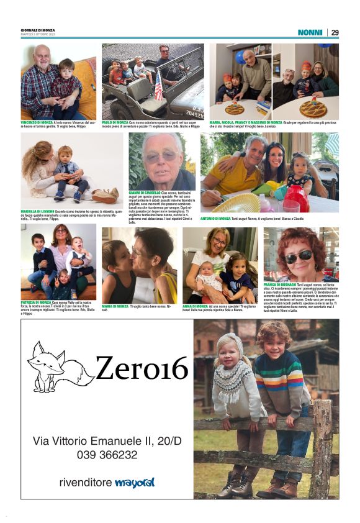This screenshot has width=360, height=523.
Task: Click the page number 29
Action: [x=335, y=32]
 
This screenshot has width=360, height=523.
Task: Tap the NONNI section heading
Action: [x=310, y=32]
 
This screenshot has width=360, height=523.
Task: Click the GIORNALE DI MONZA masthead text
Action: [x=38, y=30]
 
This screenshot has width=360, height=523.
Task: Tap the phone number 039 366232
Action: [x=107, y=455]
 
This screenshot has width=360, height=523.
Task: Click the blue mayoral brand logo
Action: [x=134, y=482]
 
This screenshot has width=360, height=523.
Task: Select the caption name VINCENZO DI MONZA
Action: [x=37, y=123]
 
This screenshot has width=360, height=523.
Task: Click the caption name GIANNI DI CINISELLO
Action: [x=144, y=193]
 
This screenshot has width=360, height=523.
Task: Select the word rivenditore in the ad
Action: [x=86, y=483]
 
